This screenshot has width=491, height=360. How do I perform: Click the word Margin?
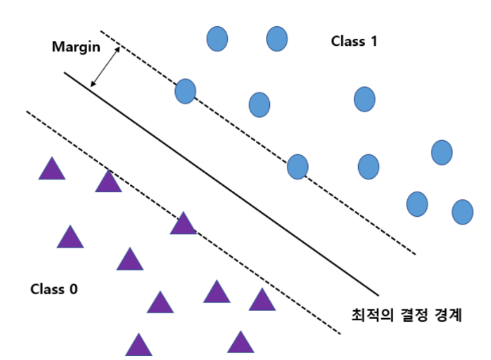click(75, 46)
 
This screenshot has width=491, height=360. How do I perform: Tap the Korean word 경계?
click(445, 315)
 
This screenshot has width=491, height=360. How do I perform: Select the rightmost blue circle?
click(462, 211)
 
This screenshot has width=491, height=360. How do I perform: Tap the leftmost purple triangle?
click(51, 169)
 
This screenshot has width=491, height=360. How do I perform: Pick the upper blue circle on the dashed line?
click(185, 91)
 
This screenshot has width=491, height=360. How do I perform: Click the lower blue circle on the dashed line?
click(298, 167)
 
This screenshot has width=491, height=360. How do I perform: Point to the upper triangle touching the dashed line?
click(108, 183)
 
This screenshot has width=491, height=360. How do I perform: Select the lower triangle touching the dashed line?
click(183, 225)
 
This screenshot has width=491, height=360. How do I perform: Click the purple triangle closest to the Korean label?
click(261, 300)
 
